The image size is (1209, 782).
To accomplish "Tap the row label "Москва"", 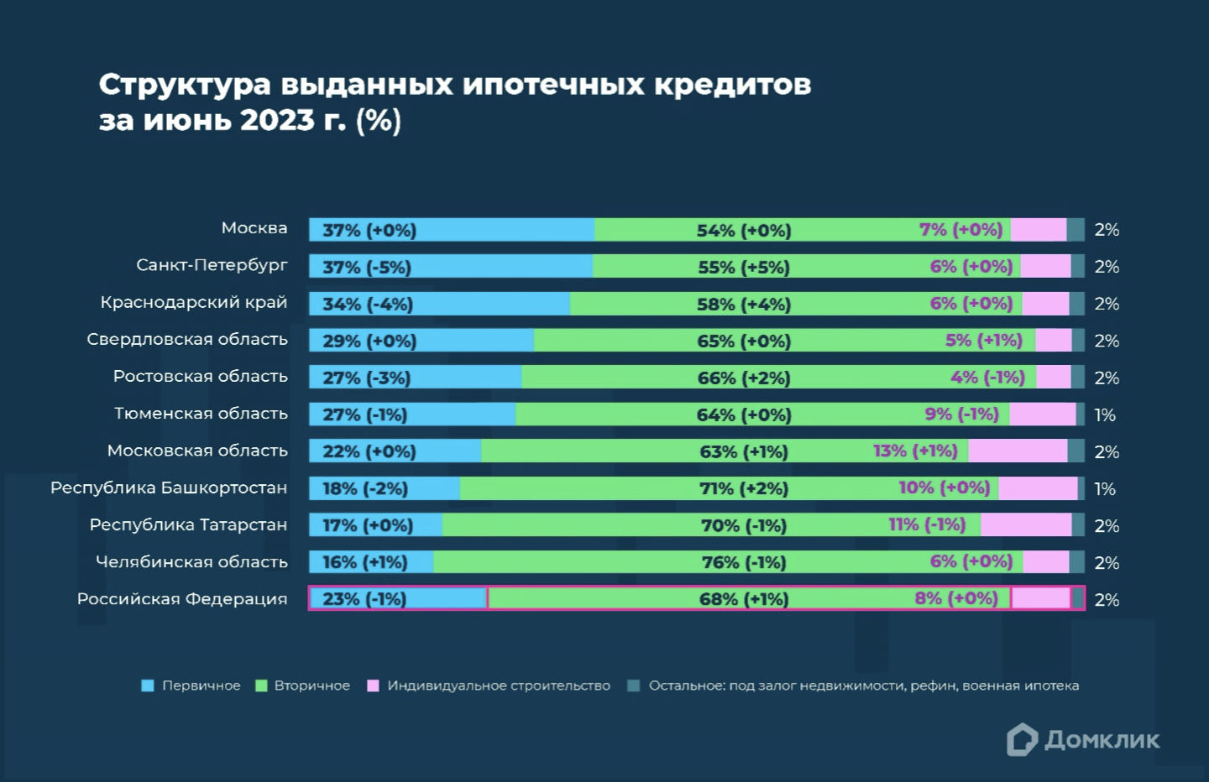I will pos(254,228).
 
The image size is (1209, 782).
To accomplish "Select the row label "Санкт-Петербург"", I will pos(212,265).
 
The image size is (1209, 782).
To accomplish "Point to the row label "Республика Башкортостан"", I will pos(168,487).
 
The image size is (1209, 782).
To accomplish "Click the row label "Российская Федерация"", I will pos(181,599).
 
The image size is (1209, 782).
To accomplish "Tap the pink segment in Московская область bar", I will pos(1017,451).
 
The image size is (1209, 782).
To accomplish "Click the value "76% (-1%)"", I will pos(744,562).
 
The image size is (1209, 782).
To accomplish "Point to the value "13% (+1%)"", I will pos(915,451).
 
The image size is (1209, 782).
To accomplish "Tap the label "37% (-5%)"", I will pos(367,267).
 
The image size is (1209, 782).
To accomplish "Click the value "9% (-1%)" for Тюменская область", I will pos(961,414).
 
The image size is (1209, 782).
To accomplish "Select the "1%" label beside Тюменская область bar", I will pos(1105,414).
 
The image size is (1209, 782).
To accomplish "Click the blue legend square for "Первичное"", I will pos(148,686).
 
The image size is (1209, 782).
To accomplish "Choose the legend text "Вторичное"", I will pos(311,686).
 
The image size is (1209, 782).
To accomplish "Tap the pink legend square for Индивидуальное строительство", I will pos(373,686).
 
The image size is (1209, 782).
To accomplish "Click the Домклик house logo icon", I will pos(1022,739).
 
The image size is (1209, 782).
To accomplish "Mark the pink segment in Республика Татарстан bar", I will pos(1025,525).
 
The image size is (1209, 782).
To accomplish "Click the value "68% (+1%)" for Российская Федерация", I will pos(744,599).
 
